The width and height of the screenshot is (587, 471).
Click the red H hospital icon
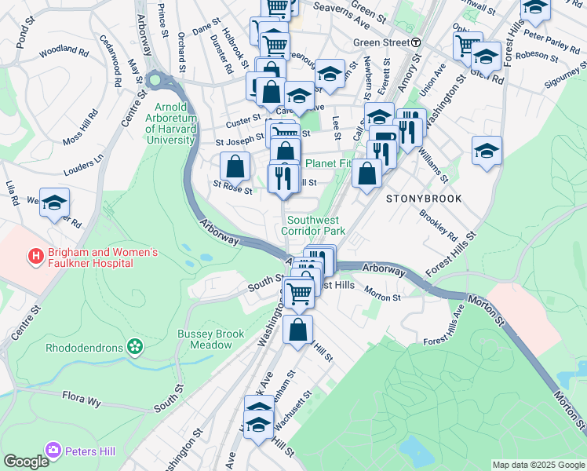point(35,256)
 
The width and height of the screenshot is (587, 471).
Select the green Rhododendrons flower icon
point(135,345)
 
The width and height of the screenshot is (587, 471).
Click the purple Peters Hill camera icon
point(53,451)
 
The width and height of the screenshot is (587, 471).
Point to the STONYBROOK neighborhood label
point(424,199)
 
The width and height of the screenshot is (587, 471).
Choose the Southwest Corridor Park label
point(316,226)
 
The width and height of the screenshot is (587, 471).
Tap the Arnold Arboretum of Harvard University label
point(170,123)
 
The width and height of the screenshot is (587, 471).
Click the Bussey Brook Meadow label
point(211,339)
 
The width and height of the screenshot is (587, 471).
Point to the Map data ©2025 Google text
point(538,465)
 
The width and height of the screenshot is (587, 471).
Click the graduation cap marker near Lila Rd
point(54,204)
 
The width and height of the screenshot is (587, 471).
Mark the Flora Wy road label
point(82,401)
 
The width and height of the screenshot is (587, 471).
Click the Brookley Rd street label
point(438,225)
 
